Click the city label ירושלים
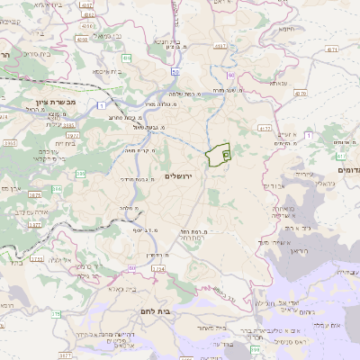(180, 173)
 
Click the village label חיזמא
(287, 29)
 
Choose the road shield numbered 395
(80, 174)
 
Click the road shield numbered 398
(256, 346)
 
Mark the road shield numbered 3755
(36, 258)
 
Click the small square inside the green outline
(225, 155)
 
